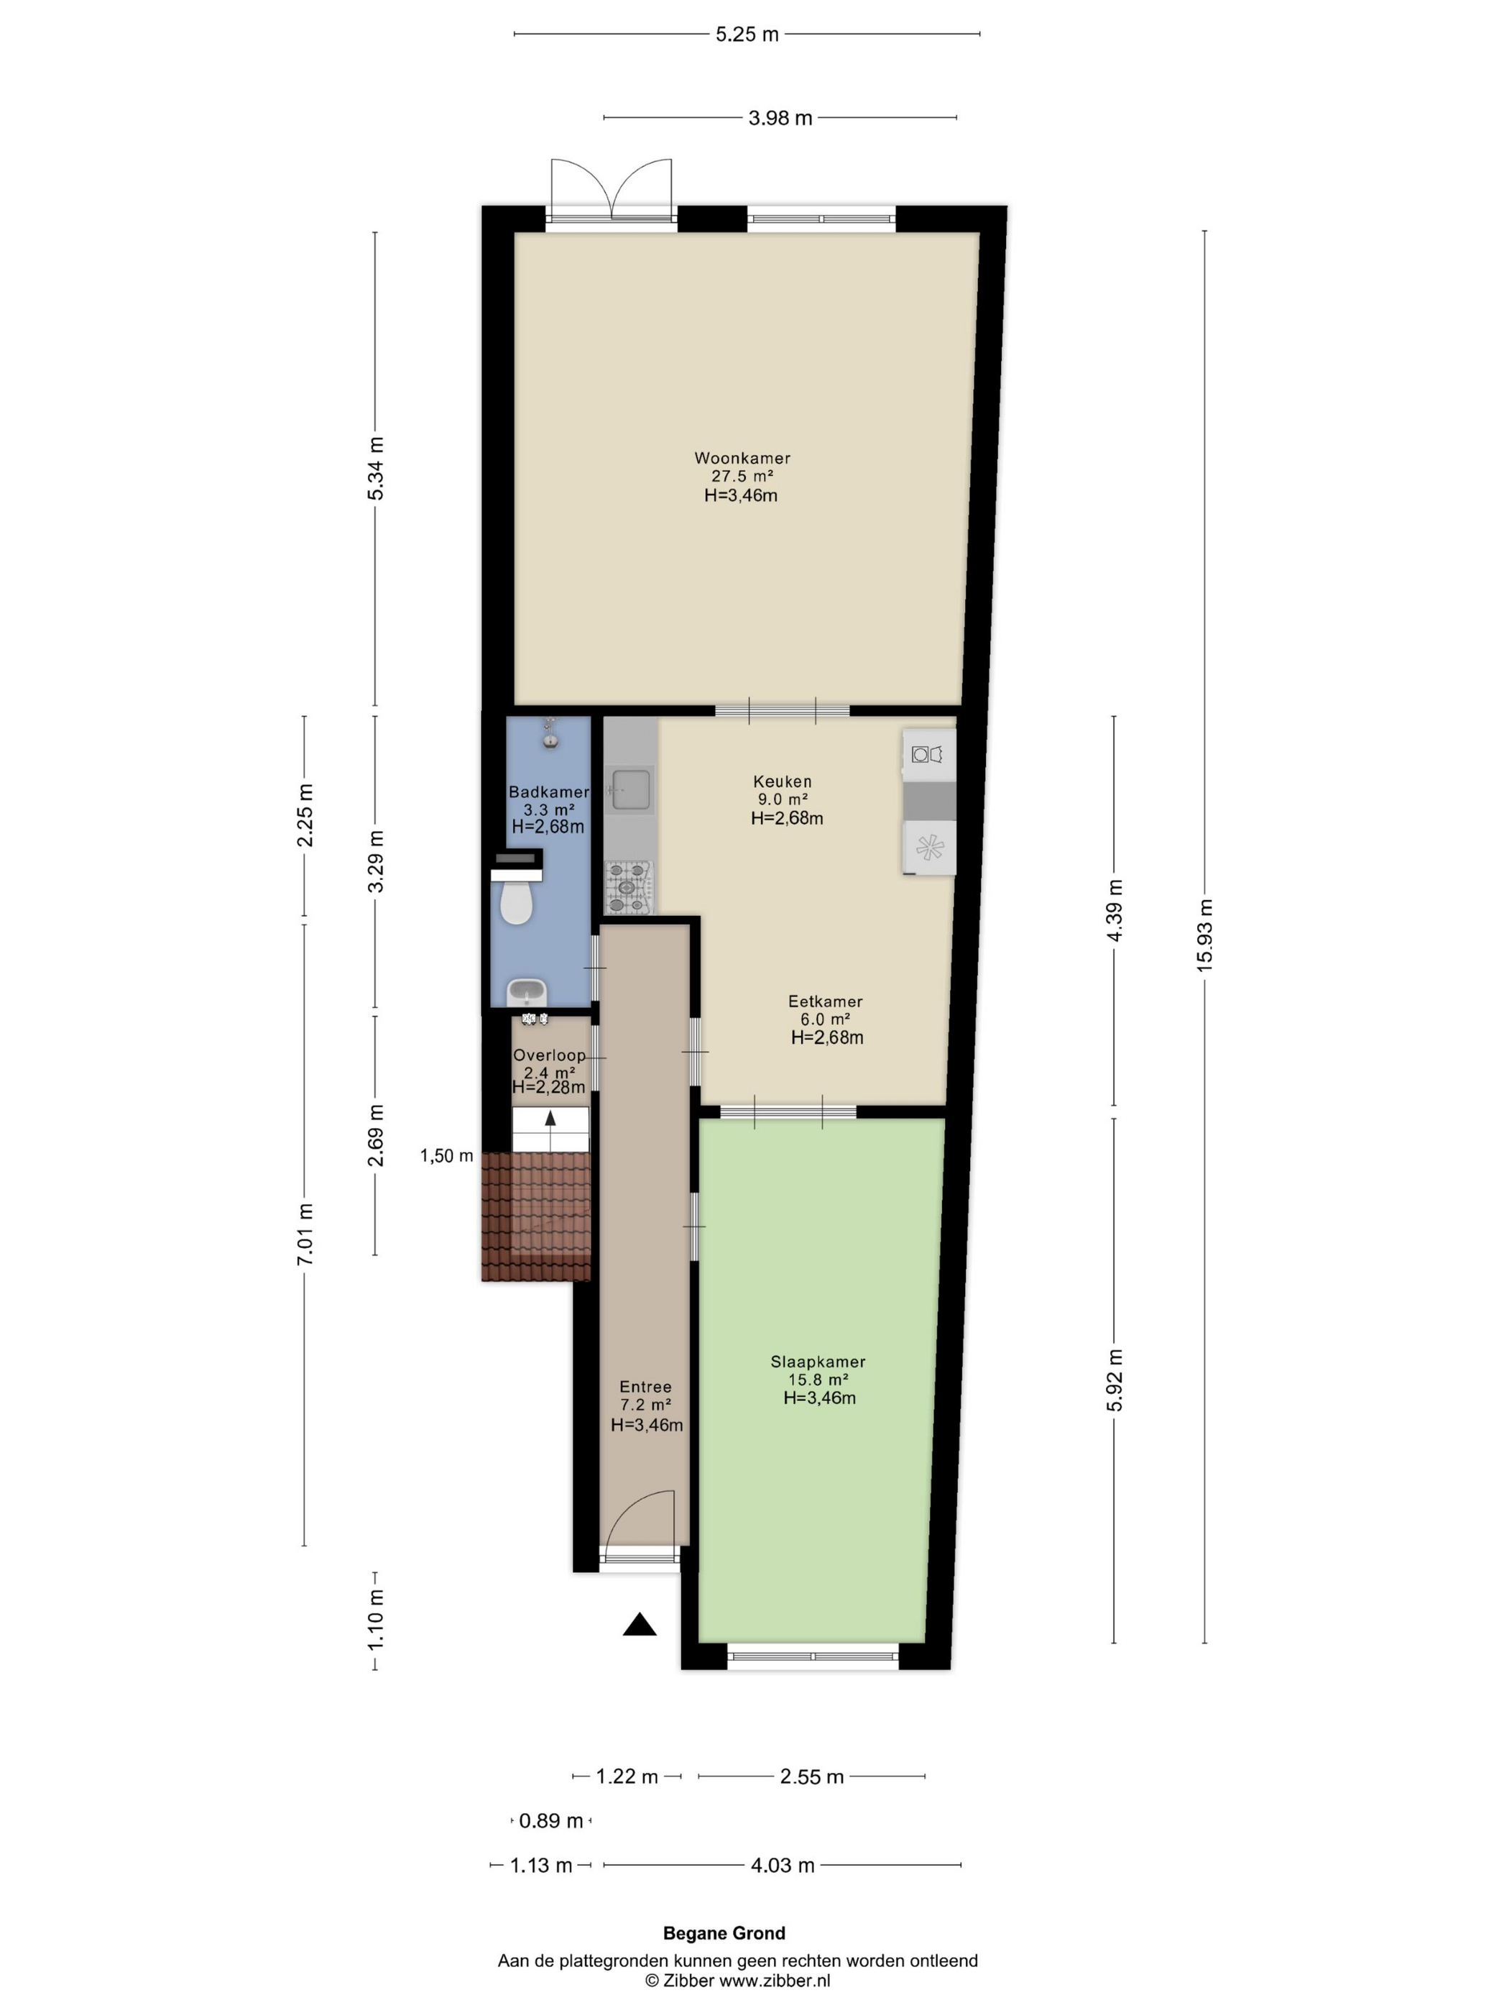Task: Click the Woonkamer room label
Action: point(742,458)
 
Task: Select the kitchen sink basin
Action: point(631,789)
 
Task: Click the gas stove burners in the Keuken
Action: point(629,887)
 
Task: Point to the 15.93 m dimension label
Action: point(1205,935)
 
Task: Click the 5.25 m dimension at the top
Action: point(747,35)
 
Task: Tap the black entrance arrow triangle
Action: point(640,1624)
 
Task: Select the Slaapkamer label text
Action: point(818,1362)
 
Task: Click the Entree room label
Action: point(646,1387)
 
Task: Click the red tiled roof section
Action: point(536,1216)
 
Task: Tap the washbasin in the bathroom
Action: point(526,990)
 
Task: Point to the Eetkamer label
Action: point(825,1001)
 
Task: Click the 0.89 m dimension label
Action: point(550,1821)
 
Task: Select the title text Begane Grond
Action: point(724,1934)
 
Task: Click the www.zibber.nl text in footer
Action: point(774,1980)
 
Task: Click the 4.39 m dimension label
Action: point(1115,911)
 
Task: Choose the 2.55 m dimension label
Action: point(811,1776)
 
